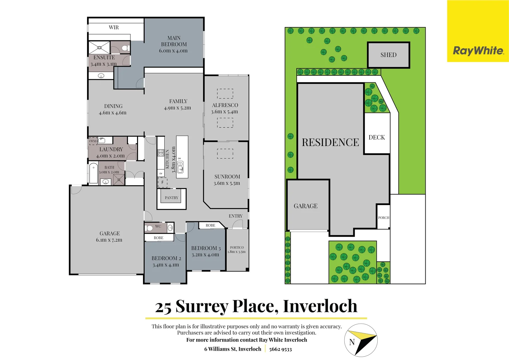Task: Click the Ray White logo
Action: point(478,51)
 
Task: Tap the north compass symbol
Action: point(361,340)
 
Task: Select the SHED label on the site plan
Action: point(388,55)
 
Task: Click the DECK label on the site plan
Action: point(377,137)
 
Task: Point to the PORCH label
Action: point(383,218)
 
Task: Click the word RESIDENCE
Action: point(330,142)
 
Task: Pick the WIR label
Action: point(114,27)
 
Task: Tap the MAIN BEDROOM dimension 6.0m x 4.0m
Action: point(173,51)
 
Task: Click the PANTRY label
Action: point(171,198)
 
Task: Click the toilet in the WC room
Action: point(149,228)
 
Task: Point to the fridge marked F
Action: point(162,182)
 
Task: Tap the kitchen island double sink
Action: point(180,167)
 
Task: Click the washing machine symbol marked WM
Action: point(93,141)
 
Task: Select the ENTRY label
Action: point(235,216)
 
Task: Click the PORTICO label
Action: point(237,247)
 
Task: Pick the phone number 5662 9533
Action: point(280,349)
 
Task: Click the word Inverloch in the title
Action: point(320,306)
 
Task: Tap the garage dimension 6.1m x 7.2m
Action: point(109,240)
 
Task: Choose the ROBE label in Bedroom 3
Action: point(210,225)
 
